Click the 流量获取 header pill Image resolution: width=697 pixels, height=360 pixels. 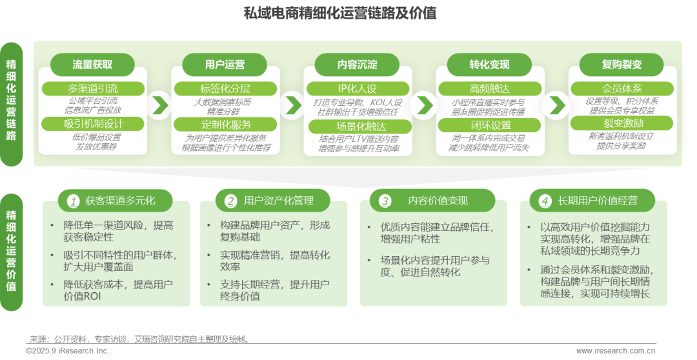click(92, 65)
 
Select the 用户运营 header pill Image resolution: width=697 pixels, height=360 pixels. click(225, 65)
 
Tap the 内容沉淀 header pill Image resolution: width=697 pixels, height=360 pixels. click(357, 65)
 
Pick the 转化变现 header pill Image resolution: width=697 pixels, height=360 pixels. click(489, 65)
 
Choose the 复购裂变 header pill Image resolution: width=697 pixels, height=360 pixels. click(621, 65)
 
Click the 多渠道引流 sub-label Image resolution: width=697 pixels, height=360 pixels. click(93, 88)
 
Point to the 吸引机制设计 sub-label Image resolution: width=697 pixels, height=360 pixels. click(93, 123)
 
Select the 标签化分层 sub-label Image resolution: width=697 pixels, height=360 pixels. click(225, 88)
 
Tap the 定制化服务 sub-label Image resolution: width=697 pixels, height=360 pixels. click(225, 124)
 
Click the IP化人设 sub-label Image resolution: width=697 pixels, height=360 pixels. click(357, 88)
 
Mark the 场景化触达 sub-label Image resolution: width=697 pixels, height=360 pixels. click(357, 126)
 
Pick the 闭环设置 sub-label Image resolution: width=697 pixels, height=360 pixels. click(489, 125)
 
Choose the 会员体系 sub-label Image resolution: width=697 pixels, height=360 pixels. click(621, 88)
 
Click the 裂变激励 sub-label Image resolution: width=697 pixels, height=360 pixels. click(621, 123)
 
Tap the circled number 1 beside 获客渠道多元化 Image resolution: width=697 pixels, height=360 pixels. click(73, 201)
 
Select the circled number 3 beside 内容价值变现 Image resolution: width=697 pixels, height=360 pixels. click(385, 201)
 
